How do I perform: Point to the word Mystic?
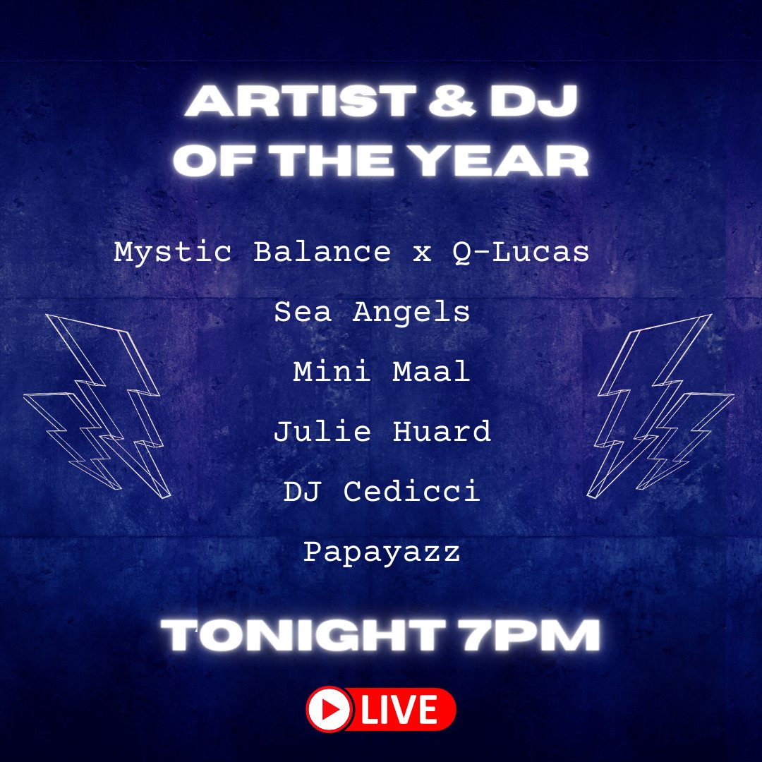click(173, 252)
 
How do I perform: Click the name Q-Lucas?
click(521, 252)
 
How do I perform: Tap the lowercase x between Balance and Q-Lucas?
click(422, 253)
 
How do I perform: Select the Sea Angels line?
click(372, 311)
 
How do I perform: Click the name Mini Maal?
click(381, 371)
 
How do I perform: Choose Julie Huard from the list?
click(382, 431)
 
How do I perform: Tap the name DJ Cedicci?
click(382, 491)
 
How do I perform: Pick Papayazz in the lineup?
click(382, 552)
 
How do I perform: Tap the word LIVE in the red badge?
click(401, 709)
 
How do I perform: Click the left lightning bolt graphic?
click(106, 406)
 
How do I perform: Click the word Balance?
click(322, 252)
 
